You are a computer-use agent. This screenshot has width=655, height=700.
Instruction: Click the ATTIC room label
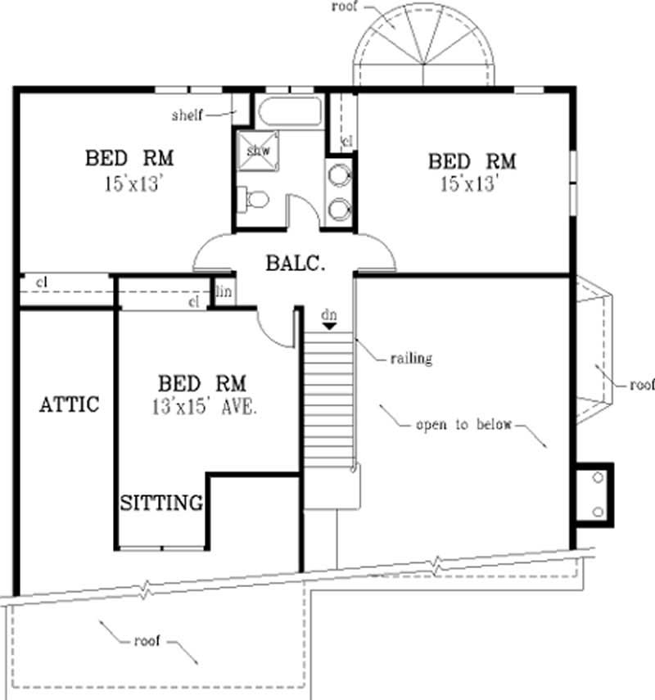point(69,404)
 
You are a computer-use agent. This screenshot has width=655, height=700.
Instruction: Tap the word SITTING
point(161,503)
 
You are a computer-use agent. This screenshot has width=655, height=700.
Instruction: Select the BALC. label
point(296,264)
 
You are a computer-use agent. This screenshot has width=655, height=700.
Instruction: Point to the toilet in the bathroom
point(253,198)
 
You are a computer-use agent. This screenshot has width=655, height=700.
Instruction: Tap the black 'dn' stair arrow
point(328,325)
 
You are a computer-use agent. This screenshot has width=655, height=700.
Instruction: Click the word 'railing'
point(410,358)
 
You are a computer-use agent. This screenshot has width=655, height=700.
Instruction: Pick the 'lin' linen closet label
point(223,291)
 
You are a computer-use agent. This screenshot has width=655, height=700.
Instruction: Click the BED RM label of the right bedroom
point(472,160)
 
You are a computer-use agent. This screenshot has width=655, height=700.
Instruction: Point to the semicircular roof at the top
point(424,49)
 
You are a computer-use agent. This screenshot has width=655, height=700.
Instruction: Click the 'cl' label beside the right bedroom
point(347,141)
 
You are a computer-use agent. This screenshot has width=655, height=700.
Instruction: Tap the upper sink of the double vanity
point(340,175)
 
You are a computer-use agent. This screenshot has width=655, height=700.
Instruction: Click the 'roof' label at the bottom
point(148,641)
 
